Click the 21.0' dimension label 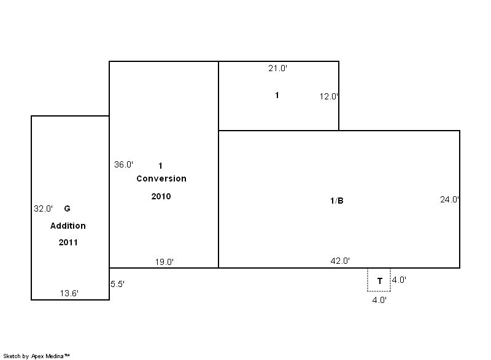(278, 68)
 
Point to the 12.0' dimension (329, 96)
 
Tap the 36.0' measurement (124, 164)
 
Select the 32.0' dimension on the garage (43, 209)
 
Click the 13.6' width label (69, 293)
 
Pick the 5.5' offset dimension (117, 285)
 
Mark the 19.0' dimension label (164, 262)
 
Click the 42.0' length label (340, 261)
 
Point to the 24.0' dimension (450, 199)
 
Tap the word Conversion (161, 178)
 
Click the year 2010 (161, 196)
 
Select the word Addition (68, 226)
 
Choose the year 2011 (68, 242)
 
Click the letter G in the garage (67, 209)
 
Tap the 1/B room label (337, 201)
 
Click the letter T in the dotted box (380, 281)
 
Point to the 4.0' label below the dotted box (379, 301)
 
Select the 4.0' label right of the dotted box (400, 280)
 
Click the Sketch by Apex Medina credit (37, 356)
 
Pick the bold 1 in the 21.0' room (277, 95)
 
